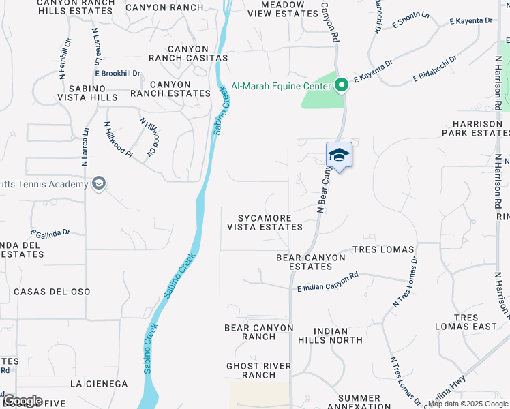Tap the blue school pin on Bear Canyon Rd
tap(339, 155)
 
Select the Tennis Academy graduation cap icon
tap(99, 184)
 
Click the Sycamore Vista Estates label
tap(265, 223)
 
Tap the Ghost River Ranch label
tap(258, 370)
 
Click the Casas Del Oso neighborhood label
tap(51, 292)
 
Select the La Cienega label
tap(98, 384)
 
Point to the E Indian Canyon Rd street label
tap(328, 282)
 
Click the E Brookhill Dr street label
tap(117, 73)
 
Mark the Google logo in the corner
tap(22, 401)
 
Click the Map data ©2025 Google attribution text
tap(468, 404)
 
